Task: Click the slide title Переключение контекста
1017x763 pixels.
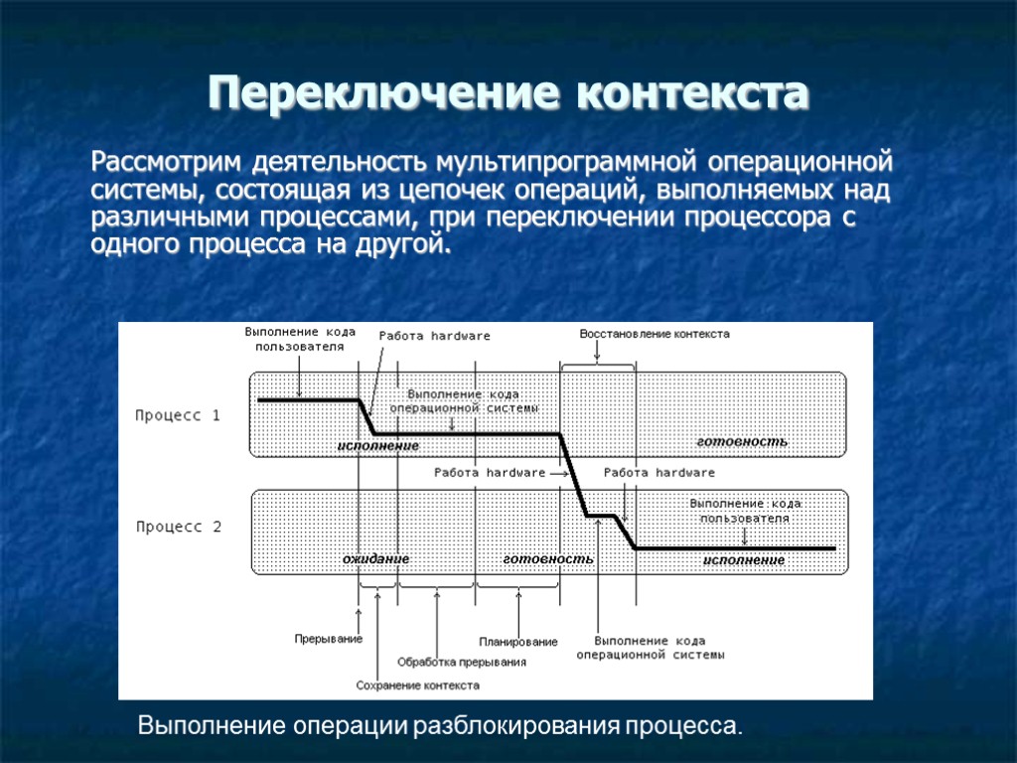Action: tap(508, 95)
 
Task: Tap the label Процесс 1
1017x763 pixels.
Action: tap(178, 416)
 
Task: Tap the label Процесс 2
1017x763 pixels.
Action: tap(179, 528)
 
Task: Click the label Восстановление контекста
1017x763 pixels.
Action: tap(654, 334)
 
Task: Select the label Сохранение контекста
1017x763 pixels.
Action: tap(417, 686)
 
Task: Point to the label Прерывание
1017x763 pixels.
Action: tap(328, 639)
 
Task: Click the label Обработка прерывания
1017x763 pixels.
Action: tap(461, 662)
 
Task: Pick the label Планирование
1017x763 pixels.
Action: tap(517, 642)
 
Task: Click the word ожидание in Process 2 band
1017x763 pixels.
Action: tap(376, 559)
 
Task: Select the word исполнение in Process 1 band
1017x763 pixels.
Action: tap(377, 446)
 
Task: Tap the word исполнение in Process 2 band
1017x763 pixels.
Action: tap(744, 560)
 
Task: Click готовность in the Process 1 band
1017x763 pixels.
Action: tap(741, 441)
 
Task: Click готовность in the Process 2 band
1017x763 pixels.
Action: tap(548, 559)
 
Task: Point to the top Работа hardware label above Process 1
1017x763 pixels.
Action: tap(434, 336)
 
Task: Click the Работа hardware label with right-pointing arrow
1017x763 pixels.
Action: tap(490, 473)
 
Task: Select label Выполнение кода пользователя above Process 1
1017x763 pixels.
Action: tap(299, 339)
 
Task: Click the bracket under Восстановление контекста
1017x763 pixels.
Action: tap(598, 366)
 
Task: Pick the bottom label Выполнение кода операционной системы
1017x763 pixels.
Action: tap(651, 648)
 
